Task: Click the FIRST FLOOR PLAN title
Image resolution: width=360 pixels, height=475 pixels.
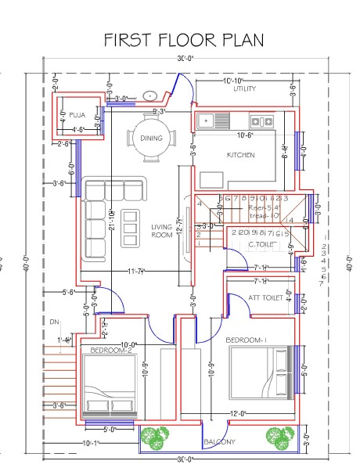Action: [x=185, y=40]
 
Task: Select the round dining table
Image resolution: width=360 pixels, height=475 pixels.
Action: [x=151, y=138]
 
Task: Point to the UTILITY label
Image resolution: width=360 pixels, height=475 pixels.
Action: [x=244, y=89]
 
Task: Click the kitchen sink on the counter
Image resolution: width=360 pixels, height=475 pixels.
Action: [x=212, y=121]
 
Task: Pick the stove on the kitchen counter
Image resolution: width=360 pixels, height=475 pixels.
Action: [x=261, y=121]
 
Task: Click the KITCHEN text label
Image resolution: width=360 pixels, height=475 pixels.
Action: [x=241, y=155]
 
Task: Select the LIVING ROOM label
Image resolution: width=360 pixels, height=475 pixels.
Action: [x=161, y=231]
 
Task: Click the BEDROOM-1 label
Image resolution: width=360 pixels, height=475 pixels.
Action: [x=246, y=340]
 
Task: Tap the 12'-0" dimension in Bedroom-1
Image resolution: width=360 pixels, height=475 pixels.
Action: [x=238, y=413]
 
